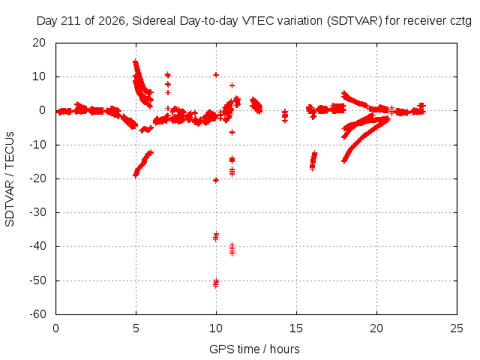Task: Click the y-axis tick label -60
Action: click(37, 314)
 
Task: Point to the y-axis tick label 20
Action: click(39, 43)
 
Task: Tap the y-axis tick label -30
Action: click(37, 212)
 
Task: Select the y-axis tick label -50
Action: click(37, 280)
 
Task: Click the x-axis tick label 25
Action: click(457, 328)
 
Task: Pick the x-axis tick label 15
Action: click(296, 328)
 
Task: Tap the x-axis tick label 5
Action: click(136, 328)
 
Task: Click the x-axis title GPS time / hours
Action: click(254, 349)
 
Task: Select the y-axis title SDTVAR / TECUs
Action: click(10, 179)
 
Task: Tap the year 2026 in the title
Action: click(112, 21)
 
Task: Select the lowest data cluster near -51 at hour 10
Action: click(216, 283)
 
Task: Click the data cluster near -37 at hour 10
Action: click(216, 237)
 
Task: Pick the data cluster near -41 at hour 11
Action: click(232, 249)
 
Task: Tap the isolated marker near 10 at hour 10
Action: click(216, 75)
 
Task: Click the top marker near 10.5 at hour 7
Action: click(167, 75)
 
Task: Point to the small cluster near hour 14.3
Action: click(285, 116)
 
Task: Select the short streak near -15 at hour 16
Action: click(313, 160)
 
